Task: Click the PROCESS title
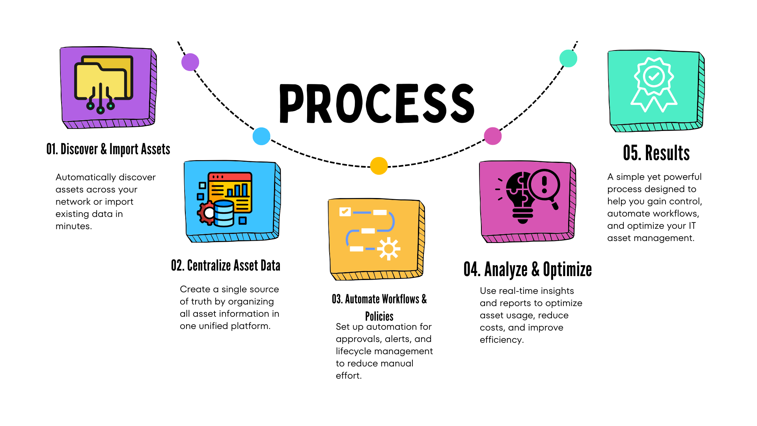377,103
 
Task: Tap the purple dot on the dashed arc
190,62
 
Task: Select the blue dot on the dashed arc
261,136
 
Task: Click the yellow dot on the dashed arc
379,166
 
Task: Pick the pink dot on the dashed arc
492,136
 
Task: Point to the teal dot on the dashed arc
568,58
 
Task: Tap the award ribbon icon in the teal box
654,84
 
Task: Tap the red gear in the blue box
206,213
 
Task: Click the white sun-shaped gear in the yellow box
389,248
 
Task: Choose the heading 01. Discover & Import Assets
108,149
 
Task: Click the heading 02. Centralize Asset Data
226,266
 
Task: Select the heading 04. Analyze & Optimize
528,270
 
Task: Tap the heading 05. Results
656,153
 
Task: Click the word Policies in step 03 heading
379,316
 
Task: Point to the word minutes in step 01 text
73,226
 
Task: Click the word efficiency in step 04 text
501,340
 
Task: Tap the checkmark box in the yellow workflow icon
345,212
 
